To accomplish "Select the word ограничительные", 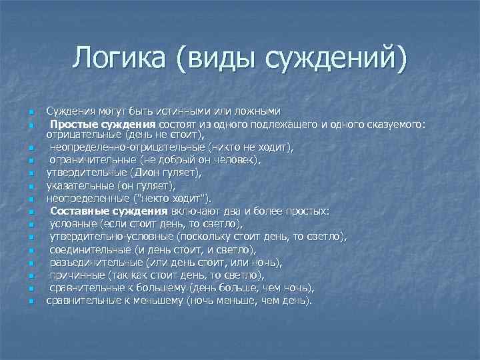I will (93, 160).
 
